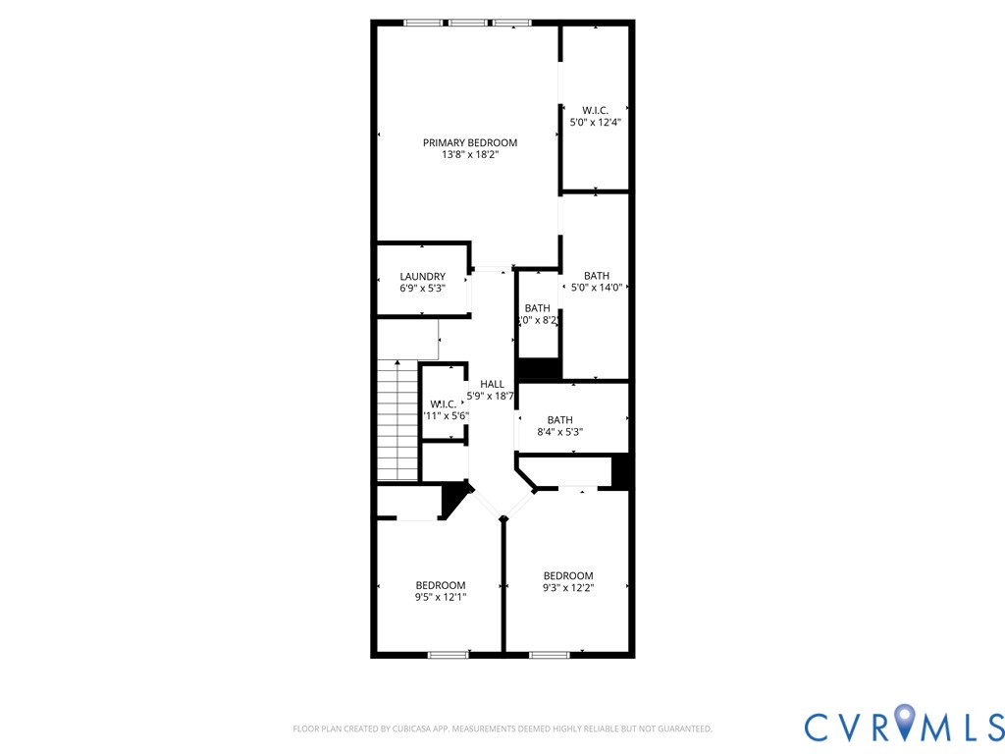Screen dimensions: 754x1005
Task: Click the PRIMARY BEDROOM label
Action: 469,142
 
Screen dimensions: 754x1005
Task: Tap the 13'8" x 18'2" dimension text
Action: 469,154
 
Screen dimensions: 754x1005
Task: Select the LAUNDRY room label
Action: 422,277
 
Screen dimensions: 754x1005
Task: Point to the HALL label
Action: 492,384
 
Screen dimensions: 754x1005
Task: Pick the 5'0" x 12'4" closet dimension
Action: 596,122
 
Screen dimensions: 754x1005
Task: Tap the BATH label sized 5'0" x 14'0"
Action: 596,276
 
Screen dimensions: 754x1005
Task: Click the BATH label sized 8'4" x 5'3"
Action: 559,420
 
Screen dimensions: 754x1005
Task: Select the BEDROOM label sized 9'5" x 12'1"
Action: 440,585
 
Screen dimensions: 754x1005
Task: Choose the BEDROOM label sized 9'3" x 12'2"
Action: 568,575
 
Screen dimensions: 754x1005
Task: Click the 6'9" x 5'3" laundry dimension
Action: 422,289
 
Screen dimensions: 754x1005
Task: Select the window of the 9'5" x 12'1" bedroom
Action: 448,654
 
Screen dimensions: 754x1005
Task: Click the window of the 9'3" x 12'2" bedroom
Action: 549,654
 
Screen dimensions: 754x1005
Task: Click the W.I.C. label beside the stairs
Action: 443,404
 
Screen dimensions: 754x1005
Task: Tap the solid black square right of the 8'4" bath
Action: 619,471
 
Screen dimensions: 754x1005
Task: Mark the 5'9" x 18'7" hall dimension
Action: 491,396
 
